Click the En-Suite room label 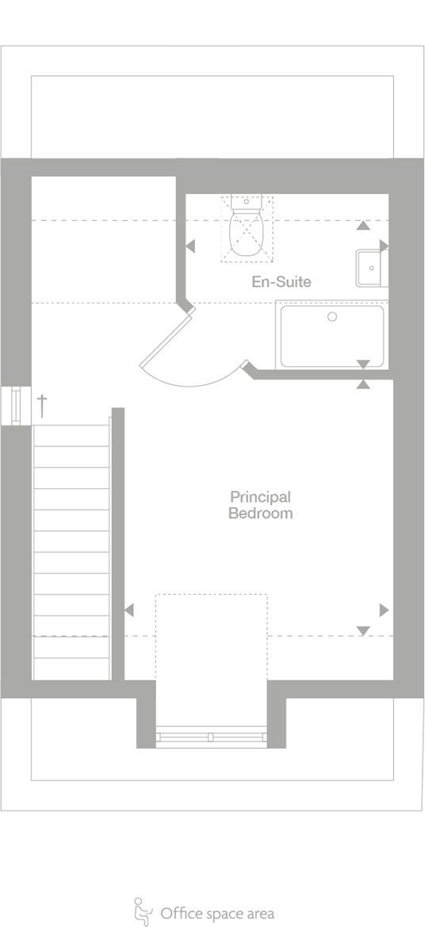281,281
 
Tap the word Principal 260,497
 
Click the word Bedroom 260,513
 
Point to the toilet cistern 245,202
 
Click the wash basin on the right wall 371,268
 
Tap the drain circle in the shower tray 332,316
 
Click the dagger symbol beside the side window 43,405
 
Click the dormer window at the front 211,737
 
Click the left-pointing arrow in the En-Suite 190,247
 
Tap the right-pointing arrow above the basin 384,245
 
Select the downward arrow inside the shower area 363,364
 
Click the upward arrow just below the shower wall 363,384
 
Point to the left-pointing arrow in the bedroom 129,610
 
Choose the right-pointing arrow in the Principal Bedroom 384,610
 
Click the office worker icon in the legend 143,912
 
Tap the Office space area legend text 217,914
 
